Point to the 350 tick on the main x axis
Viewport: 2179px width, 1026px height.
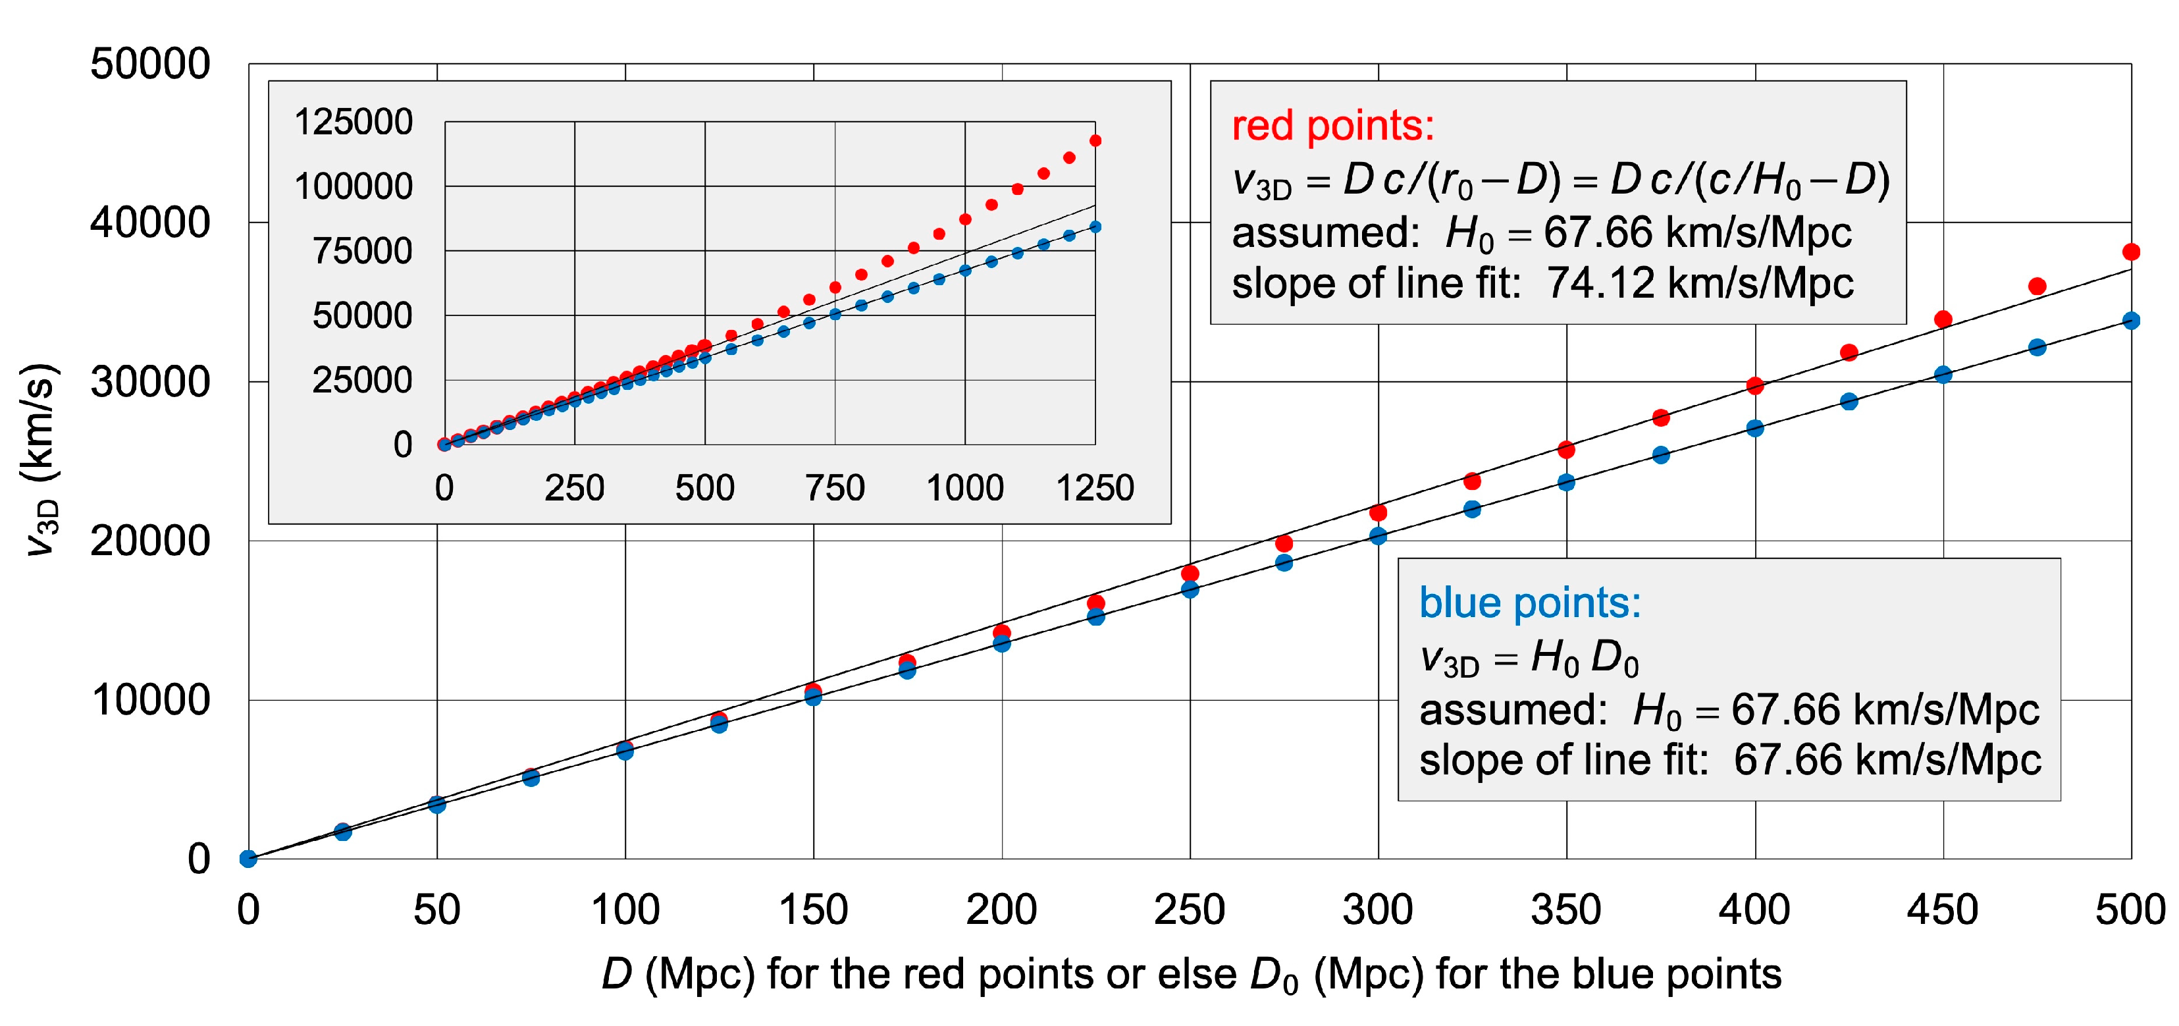1565,910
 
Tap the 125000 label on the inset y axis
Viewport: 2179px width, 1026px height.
354,122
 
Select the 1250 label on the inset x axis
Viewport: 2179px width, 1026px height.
1095,488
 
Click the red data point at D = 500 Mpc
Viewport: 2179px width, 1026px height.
2131,252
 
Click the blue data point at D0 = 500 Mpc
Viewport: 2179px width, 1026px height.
2131,321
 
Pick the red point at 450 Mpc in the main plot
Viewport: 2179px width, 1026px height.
1943,319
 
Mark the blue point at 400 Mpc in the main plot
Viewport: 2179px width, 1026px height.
1755,428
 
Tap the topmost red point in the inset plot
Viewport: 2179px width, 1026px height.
1095,140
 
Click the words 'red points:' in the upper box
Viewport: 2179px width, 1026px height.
1333,126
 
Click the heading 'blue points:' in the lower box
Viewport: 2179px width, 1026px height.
1529,603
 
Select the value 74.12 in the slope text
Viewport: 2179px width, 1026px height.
1600,283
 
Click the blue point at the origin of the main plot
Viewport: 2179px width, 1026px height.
248,859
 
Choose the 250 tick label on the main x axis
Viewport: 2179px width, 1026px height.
1190,910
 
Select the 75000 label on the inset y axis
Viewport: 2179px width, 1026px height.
362,251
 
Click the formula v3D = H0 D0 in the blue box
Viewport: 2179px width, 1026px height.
1529,658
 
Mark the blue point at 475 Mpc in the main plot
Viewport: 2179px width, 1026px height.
2037,347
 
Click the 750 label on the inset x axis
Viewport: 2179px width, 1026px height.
835,488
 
